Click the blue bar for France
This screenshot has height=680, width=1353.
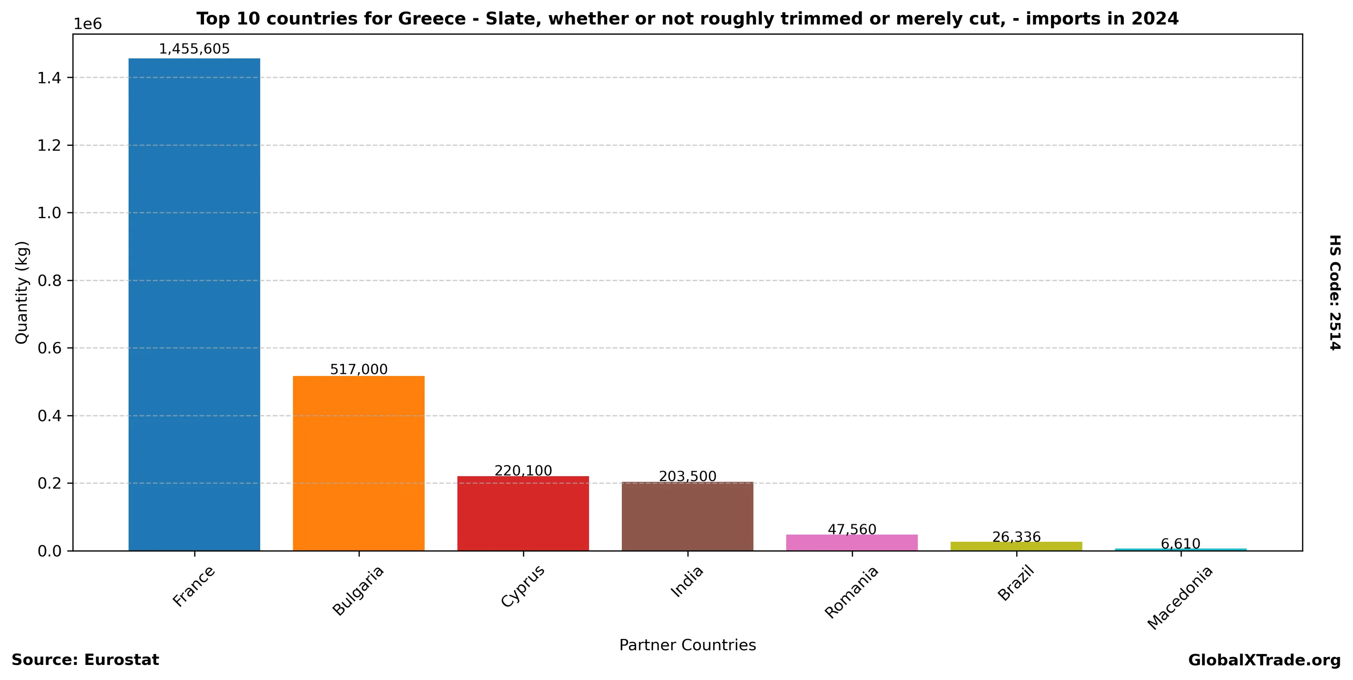pos(194,304)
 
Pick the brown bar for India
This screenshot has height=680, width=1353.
pos(688,516)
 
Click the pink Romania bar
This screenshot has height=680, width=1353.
pos(852,543)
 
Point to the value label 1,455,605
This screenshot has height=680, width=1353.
pos(194,49)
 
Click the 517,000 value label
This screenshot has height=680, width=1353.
pos(359,369)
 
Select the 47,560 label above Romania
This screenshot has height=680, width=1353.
pos(852,529)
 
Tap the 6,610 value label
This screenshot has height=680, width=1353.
pos(1181,543)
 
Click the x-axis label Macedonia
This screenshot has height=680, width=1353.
pos(1180,597)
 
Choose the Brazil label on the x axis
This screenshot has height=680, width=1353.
pos(1016,583)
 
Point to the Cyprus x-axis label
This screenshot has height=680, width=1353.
pos(523,586)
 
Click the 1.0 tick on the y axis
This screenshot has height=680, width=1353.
pos(49,213)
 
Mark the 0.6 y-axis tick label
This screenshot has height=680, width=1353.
pos(49,348)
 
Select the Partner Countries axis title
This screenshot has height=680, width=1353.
pos(688,645)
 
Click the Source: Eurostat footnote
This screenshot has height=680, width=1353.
pos(85,660)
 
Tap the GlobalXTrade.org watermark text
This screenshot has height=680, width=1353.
pos(1264,660)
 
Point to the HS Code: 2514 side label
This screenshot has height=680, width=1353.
pos(1335,292)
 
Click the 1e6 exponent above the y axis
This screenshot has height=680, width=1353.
pos(87,24)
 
